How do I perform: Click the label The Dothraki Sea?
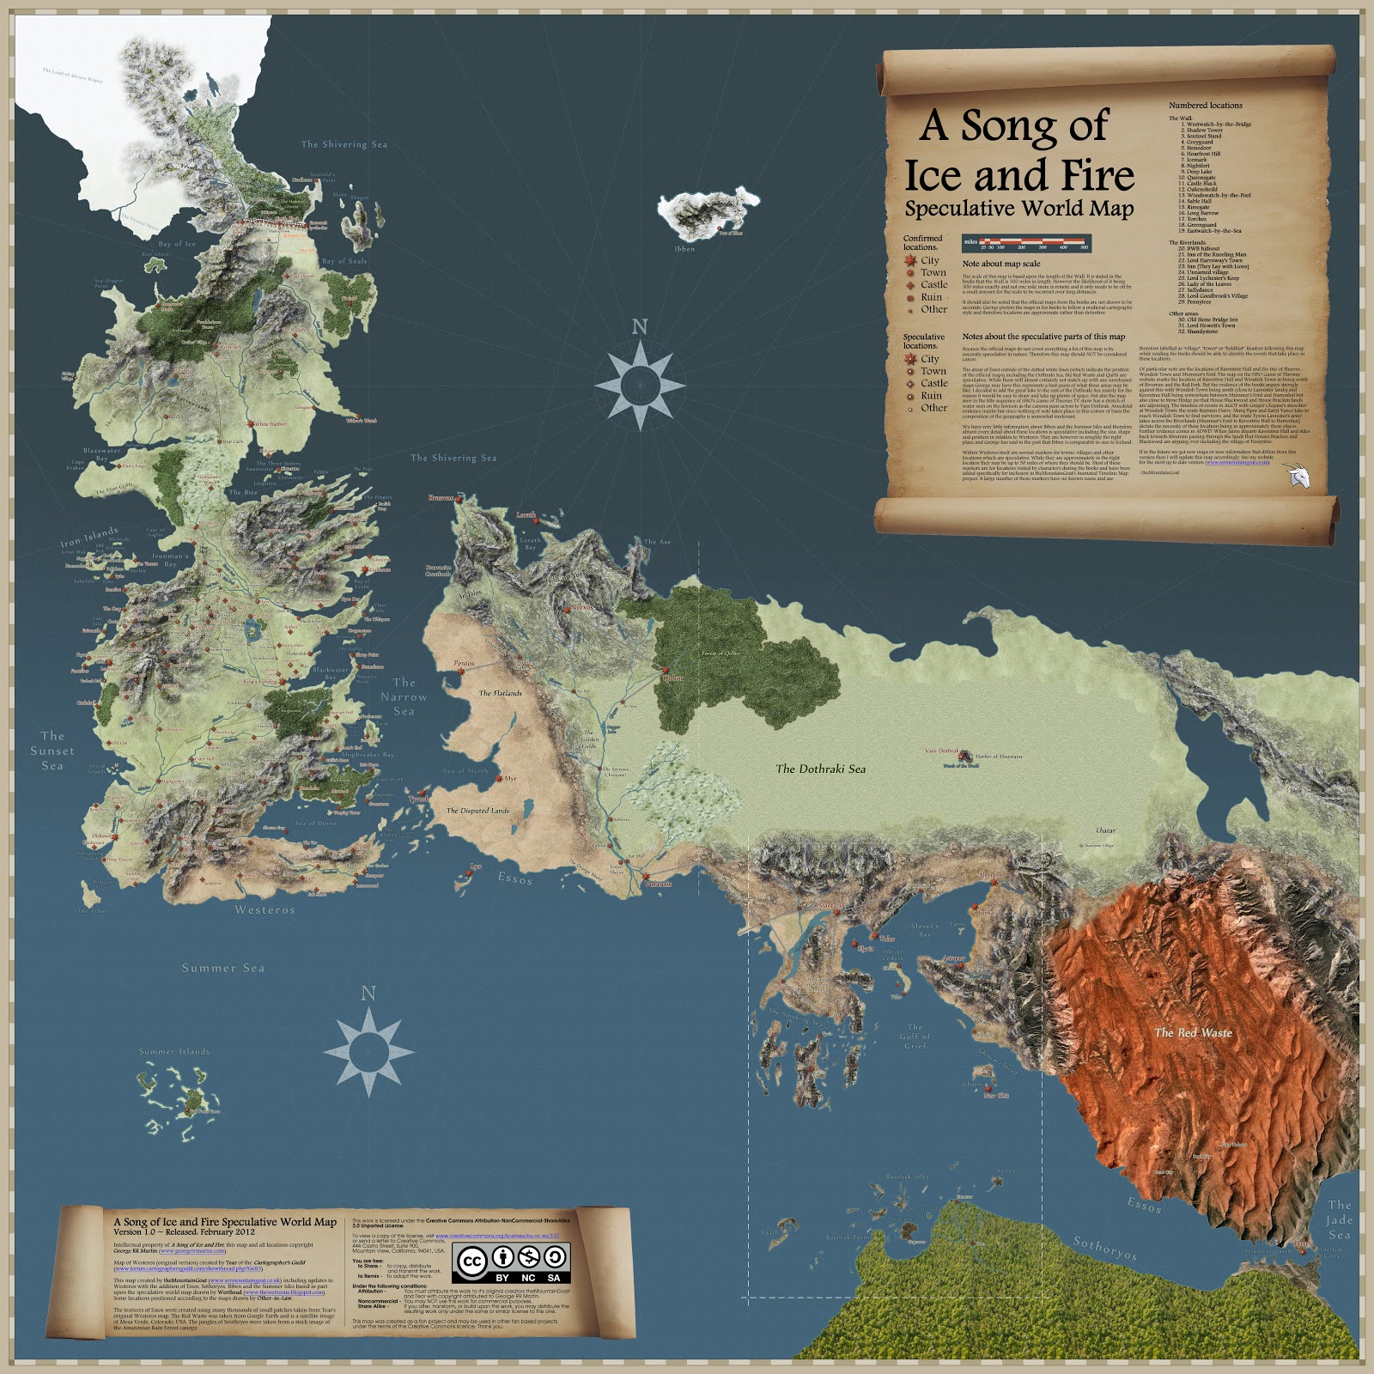820,769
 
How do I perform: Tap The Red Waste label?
1193,1032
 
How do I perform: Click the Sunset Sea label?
52,751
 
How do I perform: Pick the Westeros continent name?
264,909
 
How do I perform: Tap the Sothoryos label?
1105,1248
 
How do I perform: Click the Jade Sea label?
1340,1220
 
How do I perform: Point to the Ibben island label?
684,249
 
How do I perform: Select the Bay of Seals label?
344,261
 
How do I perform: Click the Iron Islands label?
89,538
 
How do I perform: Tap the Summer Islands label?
174,1051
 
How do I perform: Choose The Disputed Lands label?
477,810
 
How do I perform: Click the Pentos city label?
464,663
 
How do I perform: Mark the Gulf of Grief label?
915,1036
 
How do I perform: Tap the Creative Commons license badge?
513,1262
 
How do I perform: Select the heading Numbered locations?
1205,106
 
